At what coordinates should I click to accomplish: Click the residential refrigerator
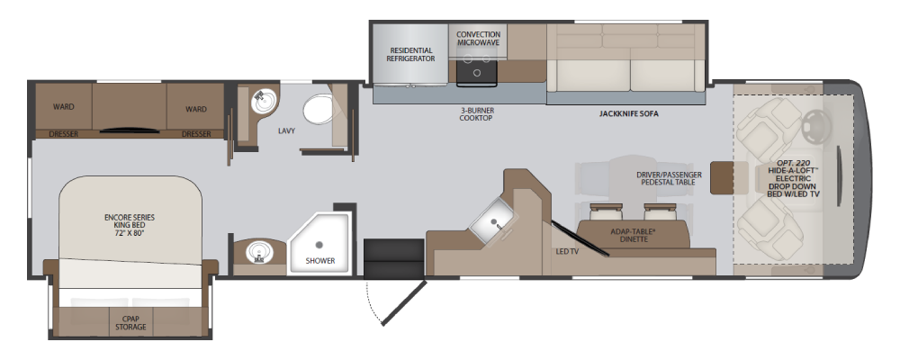click(409, 55)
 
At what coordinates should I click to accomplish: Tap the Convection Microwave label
click(478, 39)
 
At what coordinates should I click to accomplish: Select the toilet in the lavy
click(319, 109)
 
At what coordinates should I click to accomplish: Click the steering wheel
click(816, 126)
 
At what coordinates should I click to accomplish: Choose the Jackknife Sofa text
click(628, 113)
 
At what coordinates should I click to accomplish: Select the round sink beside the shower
click(258, 251)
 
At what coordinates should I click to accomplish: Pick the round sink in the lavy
click(264, 102)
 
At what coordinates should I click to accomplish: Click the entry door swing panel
click(404, 303)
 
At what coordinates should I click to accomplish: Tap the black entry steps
click(394, 259)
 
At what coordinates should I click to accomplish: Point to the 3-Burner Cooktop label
click(476, 114)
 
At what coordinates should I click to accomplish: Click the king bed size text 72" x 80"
click(129, 233)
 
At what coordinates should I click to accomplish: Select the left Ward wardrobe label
click(64, 107)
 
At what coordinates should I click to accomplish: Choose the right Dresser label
click(195, 134)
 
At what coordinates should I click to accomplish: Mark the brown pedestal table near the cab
click(722, 178)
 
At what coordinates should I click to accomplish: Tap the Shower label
click(319, 261)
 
